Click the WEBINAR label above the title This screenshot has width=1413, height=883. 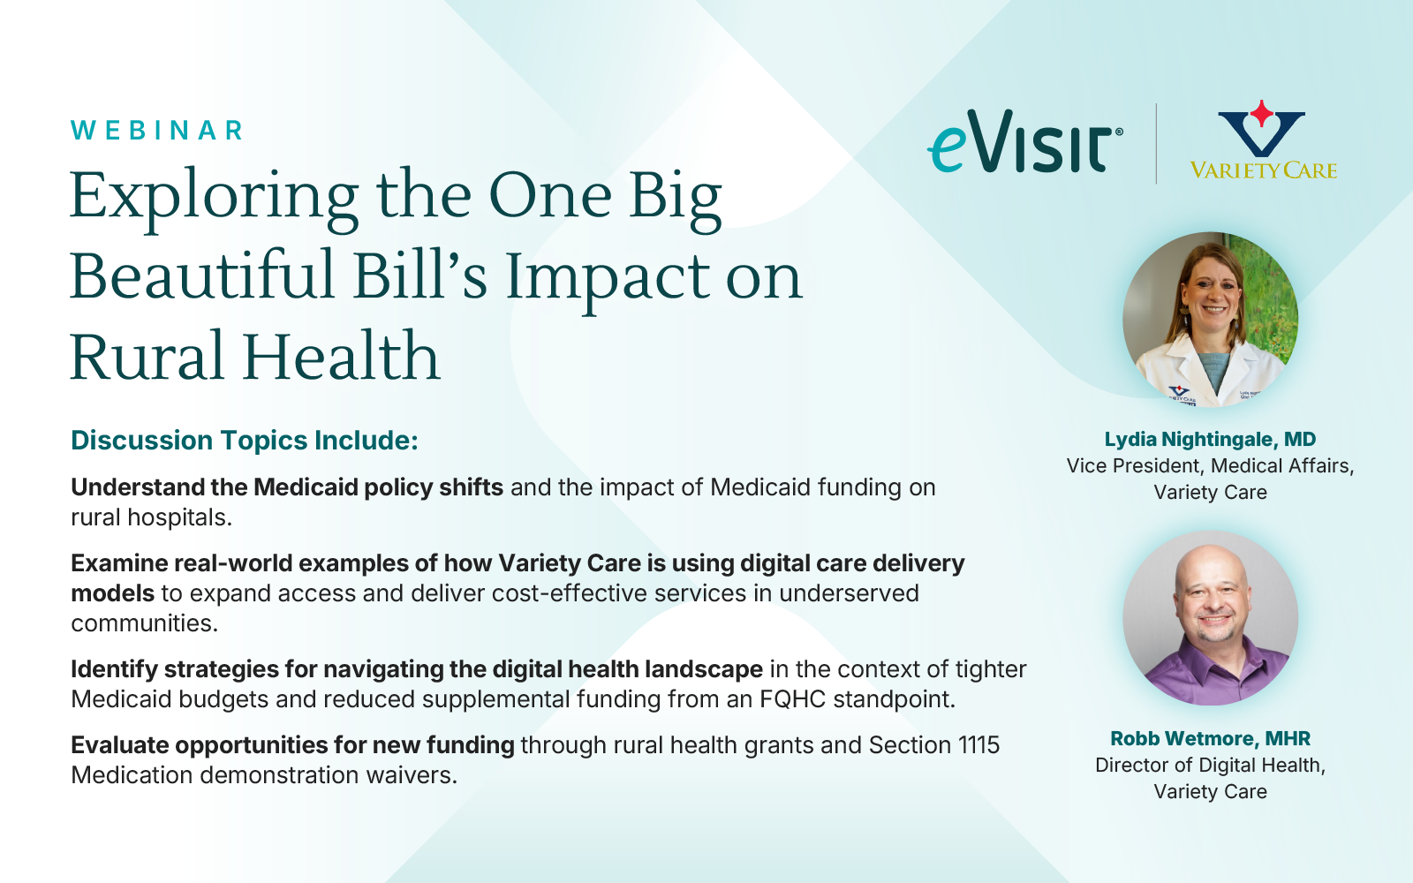pos(156,131)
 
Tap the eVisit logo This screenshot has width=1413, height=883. pos(1024,140)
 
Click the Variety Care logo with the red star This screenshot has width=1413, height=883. pos(1263,140)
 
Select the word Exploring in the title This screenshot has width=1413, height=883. pos(214,198)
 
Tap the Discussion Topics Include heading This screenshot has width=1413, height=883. pos(245,441)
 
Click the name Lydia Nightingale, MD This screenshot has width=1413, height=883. pos(1210,439)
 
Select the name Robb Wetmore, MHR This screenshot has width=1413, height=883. pos(1210,738)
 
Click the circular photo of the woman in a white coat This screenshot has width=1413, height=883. pos(1210,319)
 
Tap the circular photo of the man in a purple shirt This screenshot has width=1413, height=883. pos(1210,617)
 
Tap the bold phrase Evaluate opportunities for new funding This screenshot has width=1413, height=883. pos(292,745)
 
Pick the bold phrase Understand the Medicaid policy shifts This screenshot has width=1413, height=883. pos(287,487)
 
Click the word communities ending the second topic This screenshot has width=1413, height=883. pos(145,623)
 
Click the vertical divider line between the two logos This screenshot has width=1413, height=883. pos(1156,144)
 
